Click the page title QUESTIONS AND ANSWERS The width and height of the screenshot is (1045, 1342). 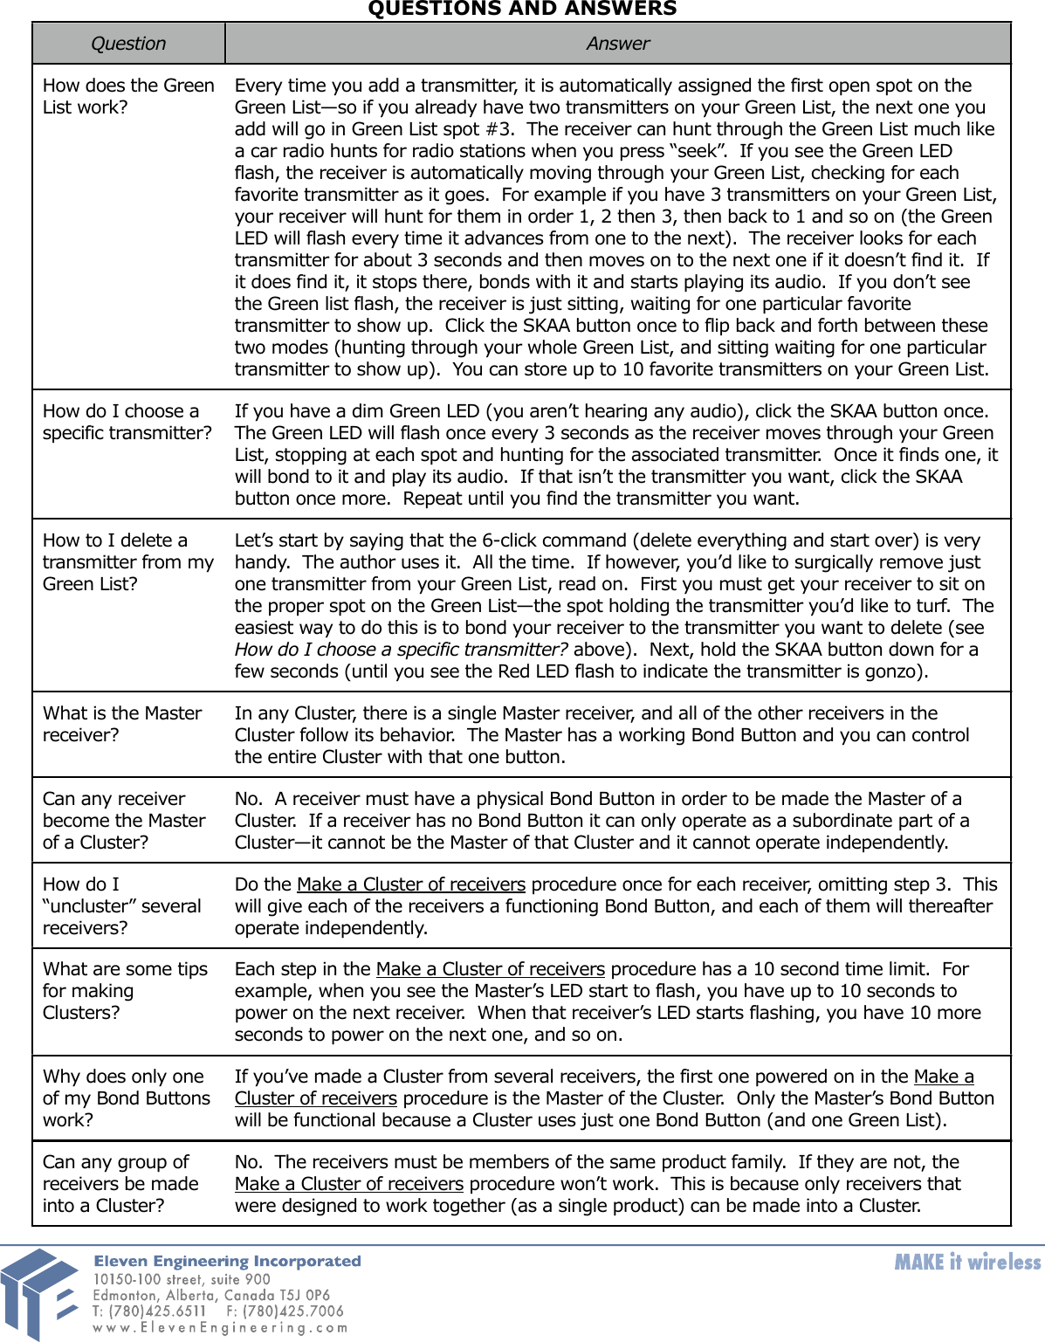[522, 9]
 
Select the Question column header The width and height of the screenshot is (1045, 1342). [128, 44]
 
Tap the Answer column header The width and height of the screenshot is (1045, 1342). [617, 44]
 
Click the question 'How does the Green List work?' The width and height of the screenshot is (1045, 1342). [128, 96]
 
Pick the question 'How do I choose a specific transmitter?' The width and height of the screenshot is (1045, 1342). [127, 422]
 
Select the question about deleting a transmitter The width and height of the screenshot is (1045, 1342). [128, 561]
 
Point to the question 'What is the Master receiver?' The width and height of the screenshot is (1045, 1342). [122, 724]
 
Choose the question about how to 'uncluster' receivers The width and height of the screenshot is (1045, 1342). [122, 905]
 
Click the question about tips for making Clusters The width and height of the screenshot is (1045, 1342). [125, 990]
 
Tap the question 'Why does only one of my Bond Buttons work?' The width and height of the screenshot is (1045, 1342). [127, 1098]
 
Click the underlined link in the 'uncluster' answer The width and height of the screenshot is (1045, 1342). [411, 884]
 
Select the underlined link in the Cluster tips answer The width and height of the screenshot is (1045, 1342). [491, 969]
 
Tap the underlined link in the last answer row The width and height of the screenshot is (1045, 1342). [349, 1184]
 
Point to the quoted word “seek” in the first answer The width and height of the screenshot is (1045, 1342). [698, 151]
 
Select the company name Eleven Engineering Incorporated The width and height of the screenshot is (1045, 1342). [227, 1261]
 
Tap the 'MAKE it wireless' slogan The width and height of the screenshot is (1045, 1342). [967, 1262]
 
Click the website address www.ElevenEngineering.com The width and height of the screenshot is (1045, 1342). [220, 1328]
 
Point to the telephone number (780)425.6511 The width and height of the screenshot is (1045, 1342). [157, 1311]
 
